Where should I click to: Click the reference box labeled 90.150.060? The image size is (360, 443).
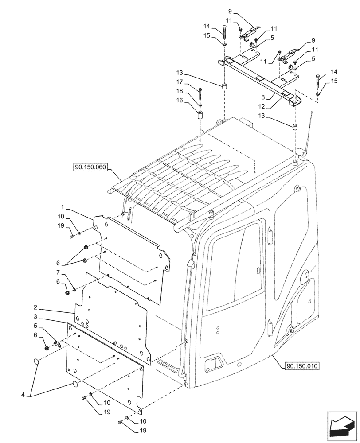(x=88, y=167)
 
